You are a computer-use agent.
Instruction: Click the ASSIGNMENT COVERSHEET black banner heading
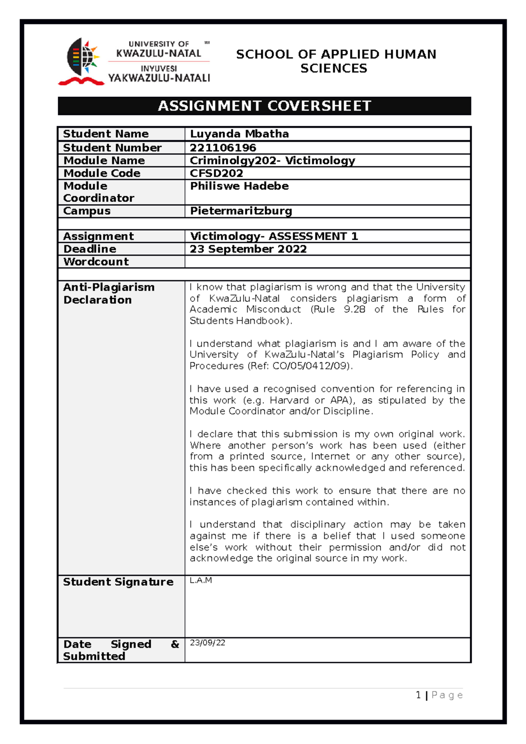click(264, 106)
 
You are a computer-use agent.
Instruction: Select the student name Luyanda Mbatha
click(239, 134)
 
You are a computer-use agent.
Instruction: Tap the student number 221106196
click(223, 148)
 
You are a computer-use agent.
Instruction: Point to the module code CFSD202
click(216, 173)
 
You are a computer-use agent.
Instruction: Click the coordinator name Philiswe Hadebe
click(239, 186)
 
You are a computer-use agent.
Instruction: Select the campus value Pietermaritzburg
click(241, 211)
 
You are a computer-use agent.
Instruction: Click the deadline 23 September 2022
click(248, 249)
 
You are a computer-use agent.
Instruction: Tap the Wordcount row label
click(96, 262)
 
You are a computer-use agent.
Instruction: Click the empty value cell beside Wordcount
click(327, 262)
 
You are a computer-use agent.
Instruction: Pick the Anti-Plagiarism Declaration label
click(108, 294)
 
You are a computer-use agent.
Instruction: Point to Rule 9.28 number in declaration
click(354, 310)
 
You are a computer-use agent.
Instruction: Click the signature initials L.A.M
click(201, 581)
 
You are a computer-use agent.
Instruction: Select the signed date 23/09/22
click(207, 643)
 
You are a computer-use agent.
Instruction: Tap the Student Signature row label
click(118, 582)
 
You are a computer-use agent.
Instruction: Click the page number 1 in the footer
click(418, 695)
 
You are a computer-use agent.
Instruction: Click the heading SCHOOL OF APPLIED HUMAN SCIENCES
click(336, 61)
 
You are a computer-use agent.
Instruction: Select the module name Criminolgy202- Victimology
click(272, 161)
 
